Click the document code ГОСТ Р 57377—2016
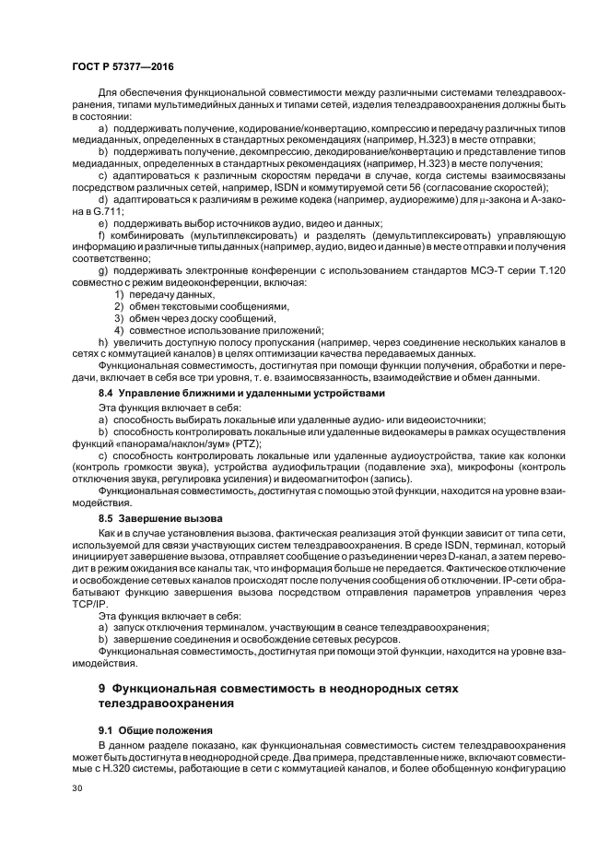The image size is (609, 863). coord(122,66)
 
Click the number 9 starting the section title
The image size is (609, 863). coord(102,689)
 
